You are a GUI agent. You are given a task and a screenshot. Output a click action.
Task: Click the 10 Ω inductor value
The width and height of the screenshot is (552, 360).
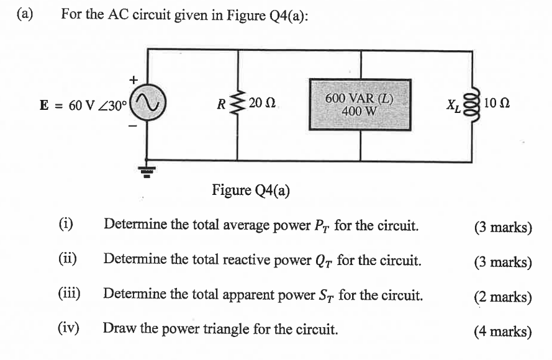[497, 103]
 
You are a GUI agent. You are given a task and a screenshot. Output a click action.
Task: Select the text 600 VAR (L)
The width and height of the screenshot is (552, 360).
[360, 99]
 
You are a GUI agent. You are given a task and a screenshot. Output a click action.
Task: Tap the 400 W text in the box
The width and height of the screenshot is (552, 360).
[360, 112]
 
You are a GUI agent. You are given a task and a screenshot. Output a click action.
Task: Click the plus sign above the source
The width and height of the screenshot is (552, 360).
[132, 79]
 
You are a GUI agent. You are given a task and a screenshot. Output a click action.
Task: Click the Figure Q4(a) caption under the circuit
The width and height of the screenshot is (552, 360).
[251, 189]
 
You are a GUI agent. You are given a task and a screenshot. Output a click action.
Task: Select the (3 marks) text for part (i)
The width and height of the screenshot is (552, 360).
[502, 227]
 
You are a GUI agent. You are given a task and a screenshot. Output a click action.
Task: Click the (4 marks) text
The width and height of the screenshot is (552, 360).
[502, 331]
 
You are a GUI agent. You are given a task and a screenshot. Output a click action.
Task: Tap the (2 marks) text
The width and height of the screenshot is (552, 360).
[502, 297]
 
